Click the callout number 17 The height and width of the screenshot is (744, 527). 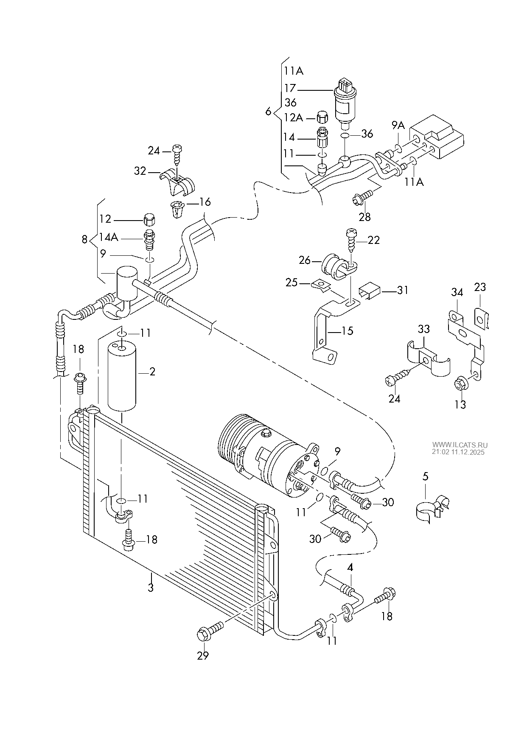pyautogui.click(x=290, y=88)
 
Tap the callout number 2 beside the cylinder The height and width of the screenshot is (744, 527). pyautogui.click(x=152, y=372)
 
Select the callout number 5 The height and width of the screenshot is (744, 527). pyautogui.click(x=426, y=476)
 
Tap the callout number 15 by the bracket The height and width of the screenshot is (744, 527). pyautogui.click(x=347, y=330)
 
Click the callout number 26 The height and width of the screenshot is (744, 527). pyautogui.click(x=305, y=260)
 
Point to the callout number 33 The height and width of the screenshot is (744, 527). pyautogui.click(x=423, y=329)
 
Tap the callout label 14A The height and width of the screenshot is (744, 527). pyautogui.click(x=109, y=237)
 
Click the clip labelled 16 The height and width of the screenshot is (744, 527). pyautogui.click(x=178, y=209)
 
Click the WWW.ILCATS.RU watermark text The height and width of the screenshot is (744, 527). pyautogui.click(x=460, y=445)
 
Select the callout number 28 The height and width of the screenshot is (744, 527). pyautogui.click(x=364, y=217)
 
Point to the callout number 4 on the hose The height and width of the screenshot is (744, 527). pyautogui.click(x=350, y=567)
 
